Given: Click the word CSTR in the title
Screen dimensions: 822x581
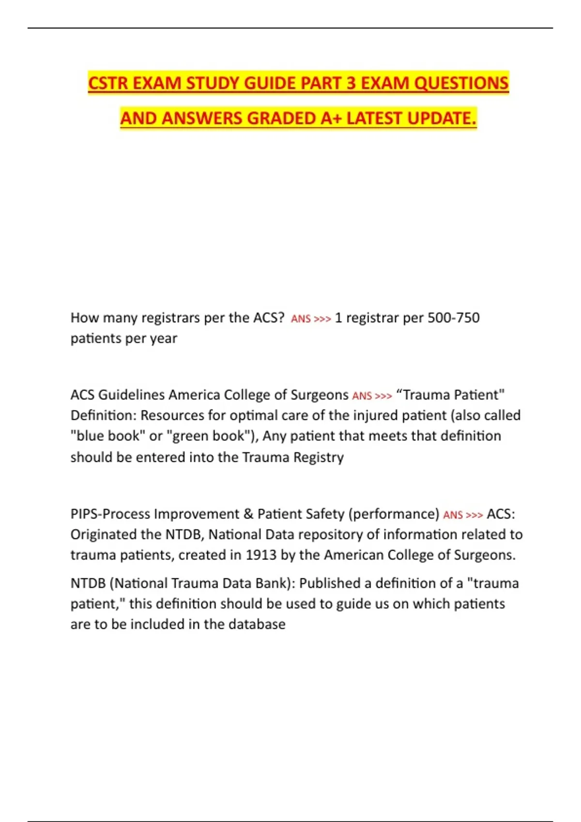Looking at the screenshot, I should [x=107, y=83].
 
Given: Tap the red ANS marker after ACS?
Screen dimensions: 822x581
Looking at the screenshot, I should [x=301, y=319].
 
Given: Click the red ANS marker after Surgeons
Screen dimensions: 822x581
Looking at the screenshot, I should [x=362, y=396].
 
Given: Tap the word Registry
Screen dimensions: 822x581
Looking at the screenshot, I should [x=319, y=457].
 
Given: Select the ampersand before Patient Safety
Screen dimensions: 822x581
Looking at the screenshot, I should [x=248, y=514].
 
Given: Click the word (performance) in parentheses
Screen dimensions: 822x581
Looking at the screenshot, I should [x=394, y=514].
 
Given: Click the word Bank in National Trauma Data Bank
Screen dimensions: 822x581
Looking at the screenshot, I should [x=273, y=583].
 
